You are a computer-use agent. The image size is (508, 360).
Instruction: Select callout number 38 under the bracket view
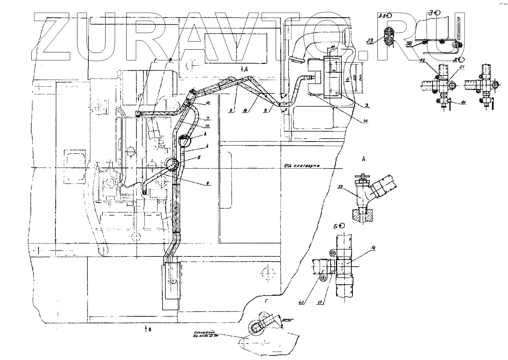(409, 44)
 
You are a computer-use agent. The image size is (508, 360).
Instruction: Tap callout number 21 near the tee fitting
(461, 67)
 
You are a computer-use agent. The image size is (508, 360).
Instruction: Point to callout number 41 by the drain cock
(464, 102)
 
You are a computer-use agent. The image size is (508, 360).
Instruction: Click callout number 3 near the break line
(367, 105)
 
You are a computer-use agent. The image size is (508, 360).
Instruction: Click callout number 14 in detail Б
(374, 248)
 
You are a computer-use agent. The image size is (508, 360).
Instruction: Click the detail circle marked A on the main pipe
(184, 140)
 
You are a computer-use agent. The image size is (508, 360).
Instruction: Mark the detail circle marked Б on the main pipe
(172, 165)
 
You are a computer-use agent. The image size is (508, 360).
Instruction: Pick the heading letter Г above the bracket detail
(266, 301)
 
